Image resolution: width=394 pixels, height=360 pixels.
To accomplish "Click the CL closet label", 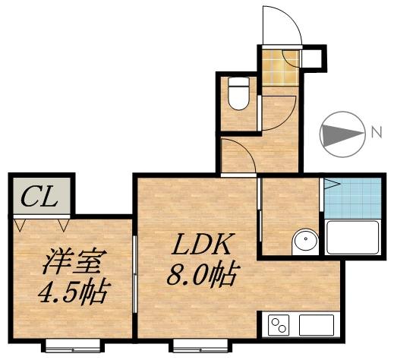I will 39,198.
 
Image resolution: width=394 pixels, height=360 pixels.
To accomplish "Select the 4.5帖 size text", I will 72,290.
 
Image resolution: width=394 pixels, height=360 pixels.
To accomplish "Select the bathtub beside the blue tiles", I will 351,238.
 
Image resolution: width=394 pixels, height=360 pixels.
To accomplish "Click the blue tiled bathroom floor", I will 351,197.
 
